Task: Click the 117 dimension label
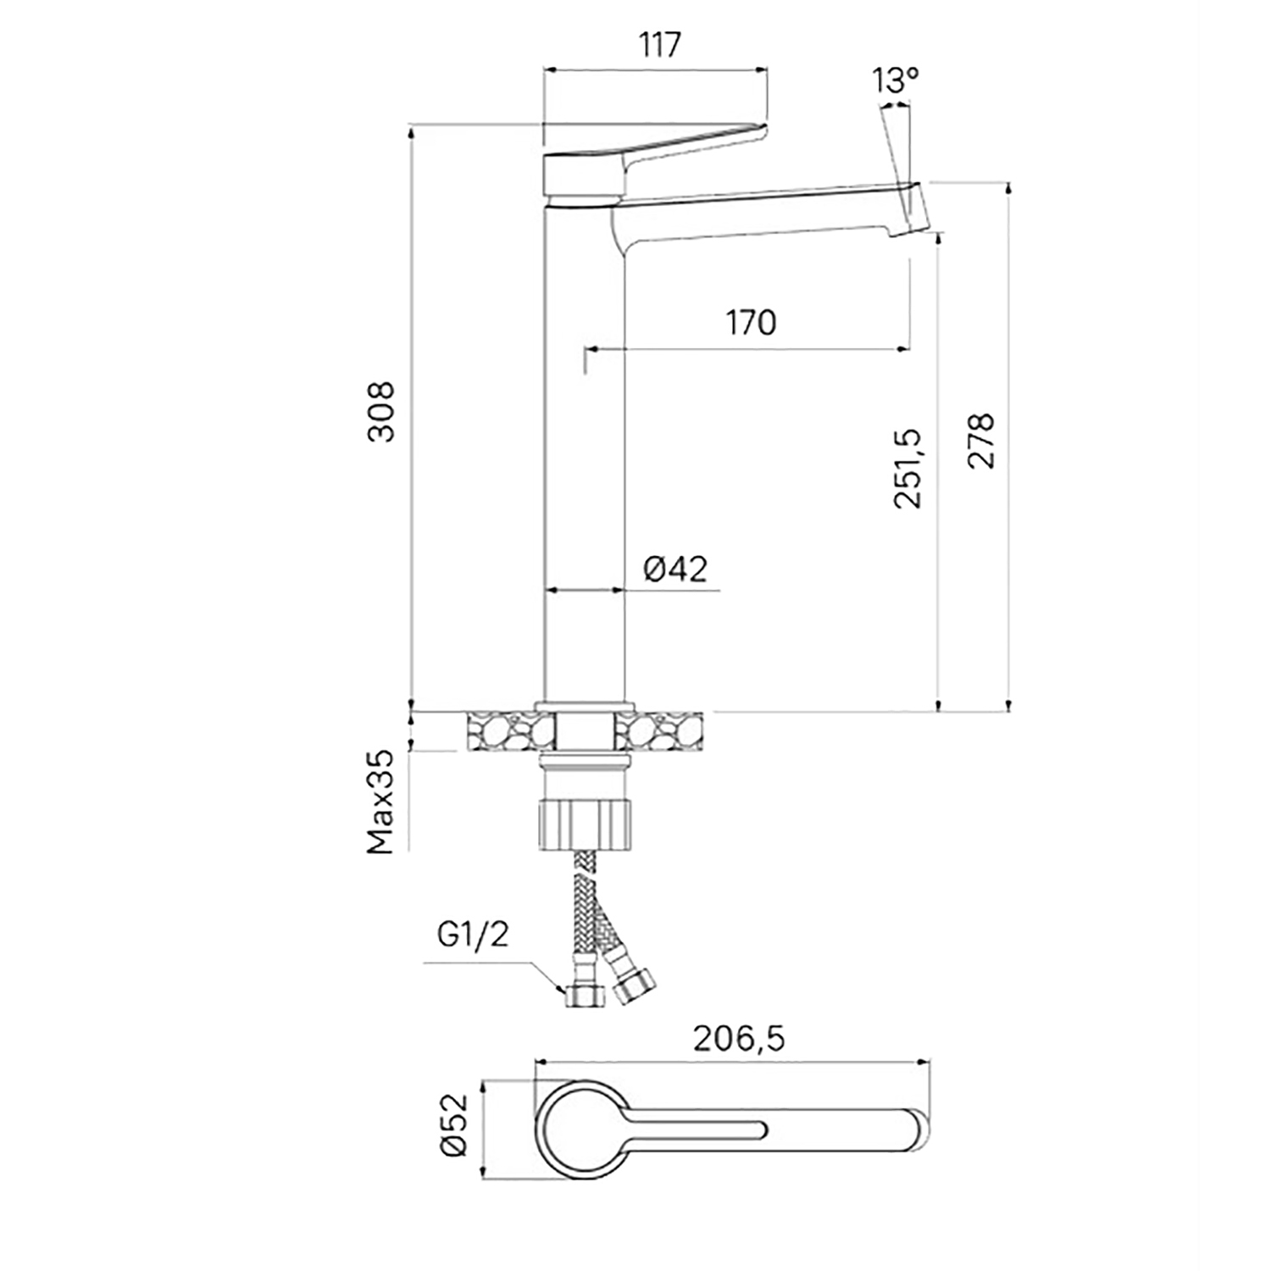[660, 44]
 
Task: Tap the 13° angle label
[895, 80]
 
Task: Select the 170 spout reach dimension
[751, 322]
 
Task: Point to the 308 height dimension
[382, 412]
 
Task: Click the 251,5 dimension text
[907, 468]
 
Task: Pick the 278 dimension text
[981, 441]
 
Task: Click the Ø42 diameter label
[674, 569]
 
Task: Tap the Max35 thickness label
[381, 802]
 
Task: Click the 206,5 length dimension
[739, 1038]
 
